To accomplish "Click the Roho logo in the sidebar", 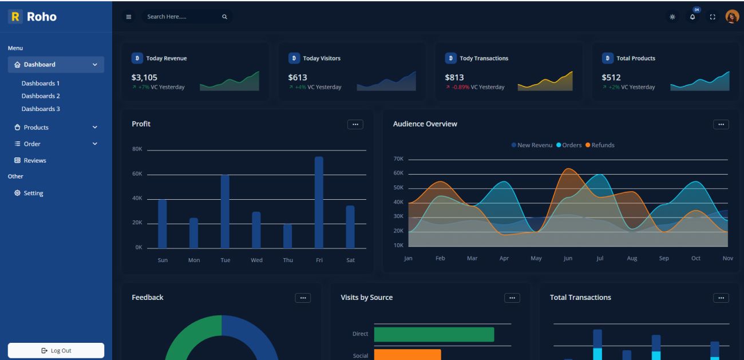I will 33,17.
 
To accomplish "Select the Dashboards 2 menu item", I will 41,96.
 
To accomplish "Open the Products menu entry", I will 36,127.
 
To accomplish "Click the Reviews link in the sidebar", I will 35,160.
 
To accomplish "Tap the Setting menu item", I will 33,193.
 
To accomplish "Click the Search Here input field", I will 180,17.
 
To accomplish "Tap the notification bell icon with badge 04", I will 693,17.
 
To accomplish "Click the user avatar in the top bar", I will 732,17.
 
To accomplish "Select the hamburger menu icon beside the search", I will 129,17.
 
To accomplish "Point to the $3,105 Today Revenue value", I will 144,77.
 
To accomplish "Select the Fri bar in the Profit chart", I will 319,202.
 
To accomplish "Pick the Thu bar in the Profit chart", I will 287,236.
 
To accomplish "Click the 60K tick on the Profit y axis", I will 137,174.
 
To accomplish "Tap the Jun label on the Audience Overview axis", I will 568,258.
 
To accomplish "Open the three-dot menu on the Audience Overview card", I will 721,124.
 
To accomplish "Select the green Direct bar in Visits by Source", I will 434,334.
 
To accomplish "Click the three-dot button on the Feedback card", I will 303,298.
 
